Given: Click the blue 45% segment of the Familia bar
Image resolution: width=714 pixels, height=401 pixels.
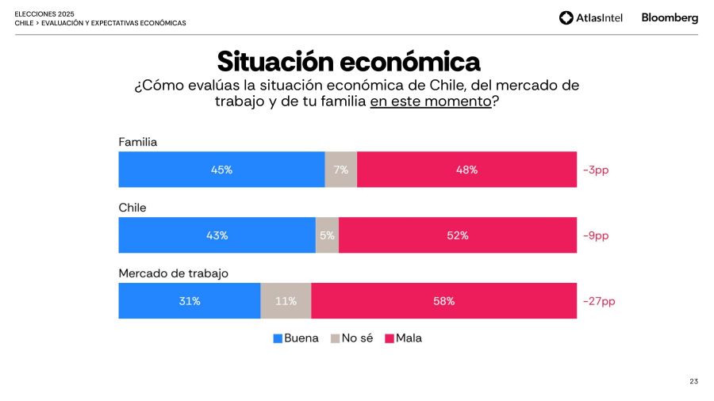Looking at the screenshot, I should pyautogui.click(x=221, y=170).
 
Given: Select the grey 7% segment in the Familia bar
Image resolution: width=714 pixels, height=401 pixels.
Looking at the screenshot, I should pyautogui.click(x=341, y=170).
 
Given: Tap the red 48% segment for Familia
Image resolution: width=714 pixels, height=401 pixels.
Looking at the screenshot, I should pyautogui.click(x=466, y=170).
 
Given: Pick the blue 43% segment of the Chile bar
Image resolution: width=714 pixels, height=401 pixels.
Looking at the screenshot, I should pyautogui.click(x=217, y=235).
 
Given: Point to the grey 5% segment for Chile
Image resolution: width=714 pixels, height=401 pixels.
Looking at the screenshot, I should pyautogui.click(x=327, y=235).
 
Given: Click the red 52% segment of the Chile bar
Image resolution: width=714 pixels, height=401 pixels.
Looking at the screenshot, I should pyautogui.click(x=458, y=235).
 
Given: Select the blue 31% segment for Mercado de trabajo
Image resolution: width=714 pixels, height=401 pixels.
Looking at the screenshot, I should pyautogui.click(x=190, y=301).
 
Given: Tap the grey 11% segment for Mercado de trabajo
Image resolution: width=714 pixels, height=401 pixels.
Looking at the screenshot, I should pyautogui.click(x=286, y=301).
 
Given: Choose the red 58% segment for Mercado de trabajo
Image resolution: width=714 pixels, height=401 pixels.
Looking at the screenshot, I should pyautogui.click(x=443, y=301).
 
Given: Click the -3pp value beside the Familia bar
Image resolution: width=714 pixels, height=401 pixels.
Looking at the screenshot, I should pyautogui.click(x=596, y=170).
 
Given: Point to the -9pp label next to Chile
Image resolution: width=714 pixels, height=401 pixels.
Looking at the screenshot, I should pyautogui.click(x=596, y=235).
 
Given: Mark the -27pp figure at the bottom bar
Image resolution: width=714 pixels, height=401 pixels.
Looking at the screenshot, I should pyautogui.click(x=599, y=301).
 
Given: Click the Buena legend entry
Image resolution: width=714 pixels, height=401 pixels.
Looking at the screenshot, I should pyautogui.click(x=296, y=338).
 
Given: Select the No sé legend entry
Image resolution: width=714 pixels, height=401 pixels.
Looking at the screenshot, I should pyautogui.click(x=352, y=338).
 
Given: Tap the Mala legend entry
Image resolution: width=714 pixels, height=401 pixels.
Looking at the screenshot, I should pyautogui.click(x=404, y=338).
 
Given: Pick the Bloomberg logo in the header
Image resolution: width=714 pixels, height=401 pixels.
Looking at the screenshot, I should pyautogui.click(x=670, y=17).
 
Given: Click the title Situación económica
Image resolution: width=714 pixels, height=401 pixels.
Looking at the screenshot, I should pyautogui.click(x=348, y=61).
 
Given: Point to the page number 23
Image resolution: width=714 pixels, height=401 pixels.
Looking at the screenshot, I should pyautogui.click(x=693, y=382).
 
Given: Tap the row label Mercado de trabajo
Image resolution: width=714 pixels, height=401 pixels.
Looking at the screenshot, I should pyautogui.click(x=174, y=273).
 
